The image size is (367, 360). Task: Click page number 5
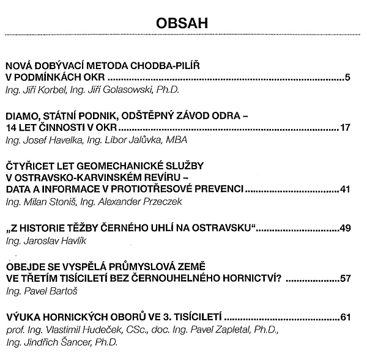pos(347,78)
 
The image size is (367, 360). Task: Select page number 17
pos(344,127)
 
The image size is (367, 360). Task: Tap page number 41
pos(344,189)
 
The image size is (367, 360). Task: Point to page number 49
pos(344,228)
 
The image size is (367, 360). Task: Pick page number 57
pos(344,279)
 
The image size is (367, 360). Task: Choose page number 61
pos(344,318)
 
